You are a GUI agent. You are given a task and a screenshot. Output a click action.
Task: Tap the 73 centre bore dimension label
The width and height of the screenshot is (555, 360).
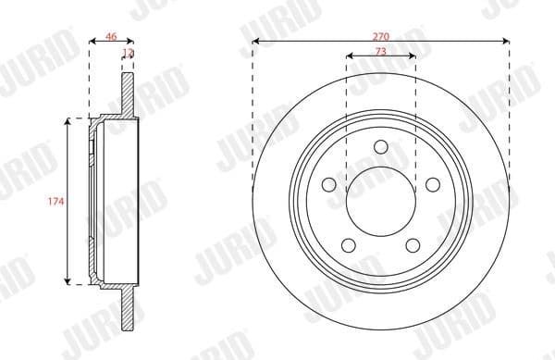[381, 51]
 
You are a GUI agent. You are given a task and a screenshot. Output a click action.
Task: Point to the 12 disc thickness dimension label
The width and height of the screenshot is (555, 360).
[128, 56]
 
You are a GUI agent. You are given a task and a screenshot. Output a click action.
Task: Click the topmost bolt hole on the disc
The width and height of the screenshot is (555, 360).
[381, 145]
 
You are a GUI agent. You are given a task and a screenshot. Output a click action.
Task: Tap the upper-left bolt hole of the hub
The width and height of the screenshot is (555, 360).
[328, 184]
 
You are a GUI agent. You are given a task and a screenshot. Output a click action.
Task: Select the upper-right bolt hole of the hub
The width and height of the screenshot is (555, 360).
[433, 184]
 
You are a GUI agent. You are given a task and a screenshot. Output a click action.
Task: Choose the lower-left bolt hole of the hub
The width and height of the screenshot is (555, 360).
[349, 245]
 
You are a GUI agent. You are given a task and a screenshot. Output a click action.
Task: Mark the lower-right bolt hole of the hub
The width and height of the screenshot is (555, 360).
[413, 245]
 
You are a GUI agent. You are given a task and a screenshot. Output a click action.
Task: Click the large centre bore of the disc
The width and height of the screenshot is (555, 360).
[381, 200]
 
